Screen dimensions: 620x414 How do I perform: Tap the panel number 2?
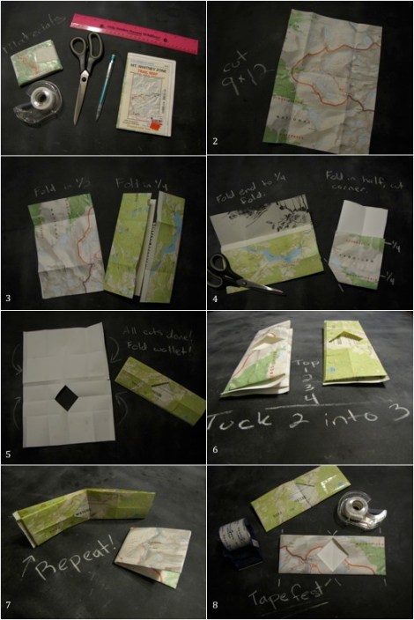coord(214,142)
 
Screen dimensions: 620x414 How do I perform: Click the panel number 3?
coord(7,298)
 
